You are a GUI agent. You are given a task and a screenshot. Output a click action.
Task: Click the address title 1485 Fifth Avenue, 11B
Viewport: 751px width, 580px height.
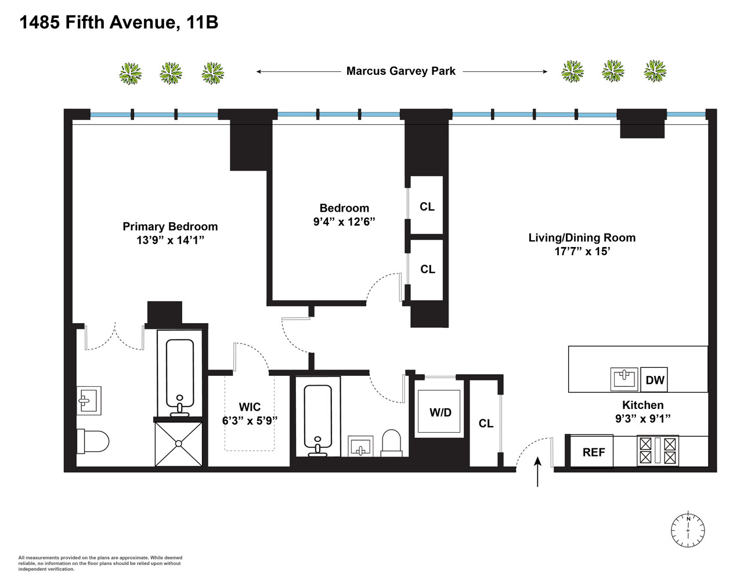pyautogui.click(x=118, y=23)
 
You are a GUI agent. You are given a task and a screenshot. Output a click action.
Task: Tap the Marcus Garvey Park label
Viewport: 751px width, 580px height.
pyautogui.click(x=400, y=71)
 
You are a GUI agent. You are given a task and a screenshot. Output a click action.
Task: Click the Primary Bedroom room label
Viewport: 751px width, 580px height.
pyautogui.click(x=170, y=227)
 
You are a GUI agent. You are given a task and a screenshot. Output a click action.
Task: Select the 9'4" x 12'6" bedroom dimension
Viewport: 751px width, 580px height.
pyautogui.click(x=344, y=222)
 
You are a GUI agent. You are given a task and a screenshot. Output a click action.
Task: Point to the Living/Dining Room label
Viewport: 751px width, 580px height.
pyautogui.click(x=582, y=238)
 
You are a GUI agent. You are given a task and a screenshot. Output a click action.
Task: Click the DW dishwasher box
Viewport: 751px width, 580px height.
pyautogui.click(x=655, y=380)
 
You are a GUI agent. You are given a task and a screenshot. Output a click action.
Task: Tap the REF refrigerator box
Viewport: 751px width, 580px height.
pyautogui.click(x=593, y=452)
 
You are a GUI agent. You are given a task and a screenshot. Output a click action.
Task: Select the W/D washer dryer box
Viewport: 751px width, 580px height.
pyautogui.click(x=440, y=412)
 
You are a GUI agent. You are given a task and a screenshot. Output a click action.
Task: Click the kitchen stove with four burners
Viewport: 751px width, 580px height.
pyautogui.click(x=658, y=451)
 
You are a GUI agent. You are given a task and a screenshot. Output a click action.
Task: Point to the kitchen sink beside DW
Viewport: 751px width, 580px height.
pyautogui.click(x=624, y=379)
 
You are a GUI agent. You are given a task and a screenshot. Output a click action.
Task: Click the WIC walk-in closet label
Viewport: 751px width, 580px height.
pyautogui.click(x=250, y=407)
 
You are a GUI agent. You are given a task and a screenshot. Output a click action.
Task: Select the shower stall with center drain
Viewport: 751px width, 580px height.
pyautogui.click(x=179, y=444)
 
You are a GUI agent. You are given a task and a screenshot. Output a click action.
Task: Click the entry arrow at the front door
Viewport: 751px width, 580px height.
pyautogui.click(x=537, y=471)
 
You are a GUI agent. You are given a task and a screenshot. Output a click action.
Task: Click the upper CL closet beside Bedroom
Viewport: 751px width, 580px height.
pyautogui.click(x=427, y=206)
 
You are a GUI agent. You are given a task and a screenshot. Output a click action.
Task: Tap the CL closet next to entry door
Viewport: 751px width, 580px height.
pyautogui.click(x=486, y=423)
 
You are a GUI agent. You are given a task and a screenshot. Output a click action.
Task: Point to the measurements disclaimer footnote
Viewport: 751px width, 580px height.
pyautogui.click(x=100, y=563)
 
